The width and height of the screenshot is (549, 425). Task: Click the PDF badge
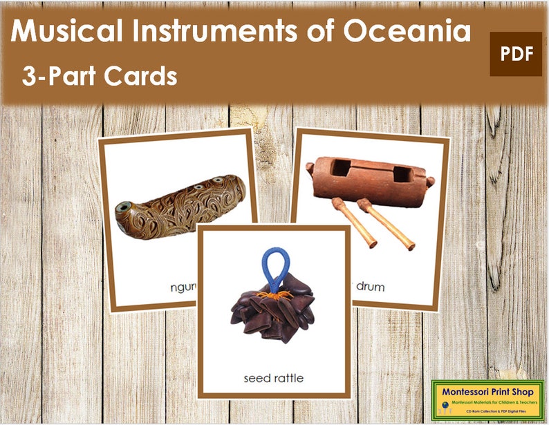coord(515,54)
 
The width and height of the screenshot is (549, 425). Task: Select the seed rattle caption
coord(272,378)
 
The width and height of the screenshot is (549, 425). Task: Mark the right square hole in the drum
coord(401,173)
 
